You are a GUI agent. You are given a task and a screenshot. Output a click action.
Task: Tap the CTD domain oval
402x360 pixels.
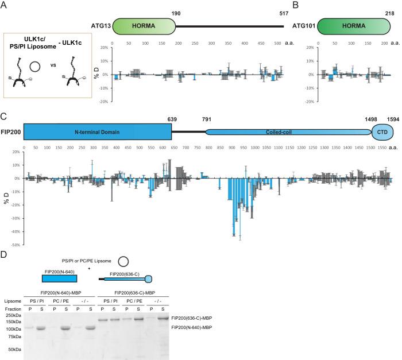pos(381,131)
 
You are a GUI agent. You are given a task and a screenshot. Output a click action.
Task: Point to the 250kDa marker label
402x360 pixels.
pos(13,316)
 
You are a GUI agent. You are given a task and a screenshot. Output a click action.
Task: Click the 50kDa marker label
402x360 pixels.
pos(14,349)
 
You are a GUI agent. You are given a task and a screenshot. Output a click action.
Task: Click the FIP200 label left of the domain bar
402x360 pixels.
pos(11,131)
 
